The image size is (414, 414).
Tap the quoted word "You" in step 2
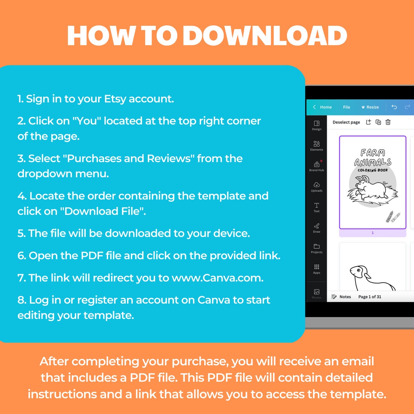(x=87, y=121)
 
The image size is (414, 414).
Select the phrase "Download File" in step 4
(x=105, y=211)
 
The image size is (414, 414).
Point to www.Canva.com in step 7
(x=217, y=278)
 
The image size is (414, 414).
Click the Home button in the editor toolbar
(x=322, y=107)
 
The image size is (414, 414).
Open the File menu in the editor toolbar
(x=346, y=107)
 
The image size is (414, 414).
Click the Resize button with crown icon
(x=370, y=107)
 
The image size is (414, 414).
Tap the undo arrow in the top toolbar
(x=394, y=107)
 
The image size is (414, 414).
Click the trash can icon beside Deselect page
(x=388, y=122)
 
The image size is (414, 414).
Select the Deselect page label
(x=346, y=122)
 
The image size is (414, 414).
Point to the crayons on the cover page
(x=393, y=216)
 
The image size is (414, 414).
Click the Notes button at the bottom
(x=341, y=297)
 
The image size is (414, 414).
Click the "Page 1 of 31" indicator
(x=370, y=297)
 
